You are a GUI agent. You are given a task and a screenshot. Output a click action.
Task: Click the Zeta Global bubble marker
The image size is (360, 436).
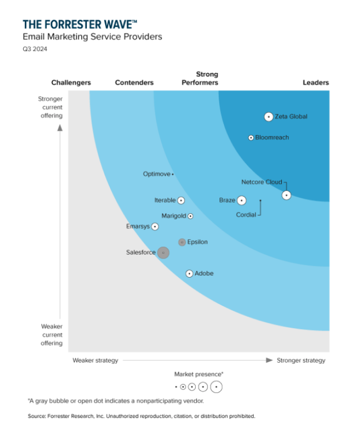(268, 117)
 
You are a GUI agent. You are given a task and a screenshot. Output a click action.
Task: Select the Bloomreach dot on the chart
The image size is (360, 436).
(251, 138)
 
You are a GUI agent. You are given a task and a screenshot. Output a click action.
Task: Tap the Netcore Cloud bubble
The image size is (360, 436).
(287, 195)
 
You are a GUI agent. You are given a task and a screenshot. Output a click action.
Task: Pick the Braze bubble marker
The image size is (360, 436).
(241, 200)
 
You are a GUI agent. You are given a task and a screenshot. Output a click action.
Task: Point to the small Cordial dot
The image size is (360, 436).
(260, 200)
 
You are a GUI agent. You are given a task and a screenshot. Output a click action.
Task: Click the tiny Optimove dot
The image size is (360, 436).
(172, 174)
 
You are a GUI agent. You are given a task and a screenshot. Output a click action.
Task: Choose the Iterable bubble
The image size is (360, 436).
(181, 200)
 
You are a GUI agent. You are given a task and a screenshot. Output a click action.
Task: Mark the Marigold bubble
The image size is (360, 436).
(190, 216)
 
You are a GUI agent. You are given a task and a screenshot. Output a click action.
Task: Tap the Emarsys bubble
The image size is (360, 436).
(155, 227)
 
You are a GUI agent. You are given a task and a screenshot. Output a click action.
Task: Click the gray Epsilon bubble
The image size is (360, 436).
(182, 242)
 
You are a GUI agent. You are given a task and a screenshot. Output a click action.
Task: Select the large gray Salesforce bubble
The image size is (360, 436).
(163, 253)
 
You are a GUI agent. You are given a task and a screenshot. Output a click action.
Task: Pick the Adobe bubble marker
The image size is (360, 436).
(189, 274)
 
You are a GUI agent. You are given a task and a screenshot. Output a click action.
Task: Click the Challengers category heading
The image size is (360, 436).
(71, 83)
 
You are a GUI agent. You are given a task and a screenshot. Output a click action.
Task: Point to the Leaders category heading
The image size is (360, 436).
(316, 83)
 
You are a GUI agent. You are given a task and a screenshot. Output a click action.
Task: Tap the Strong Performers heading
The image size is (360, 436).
(200, 78)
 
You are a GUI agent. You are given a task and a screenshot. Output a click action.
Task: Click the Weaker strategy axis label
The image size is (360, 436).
(95, 360)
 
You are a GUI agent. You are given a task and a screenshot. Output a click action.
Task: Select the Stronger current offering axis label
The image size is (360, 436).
(51, 107)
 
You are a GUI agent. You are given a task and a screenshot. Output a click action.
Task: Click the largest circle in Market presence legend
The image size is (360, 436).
(216, 387)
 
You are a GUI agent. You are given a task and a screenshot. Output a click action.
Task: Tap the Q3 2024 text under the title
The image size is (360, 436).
(35, 49)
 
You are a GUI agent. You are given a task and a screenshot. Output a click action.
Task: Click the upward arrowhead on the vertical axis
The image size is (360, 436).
(60, 128)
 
